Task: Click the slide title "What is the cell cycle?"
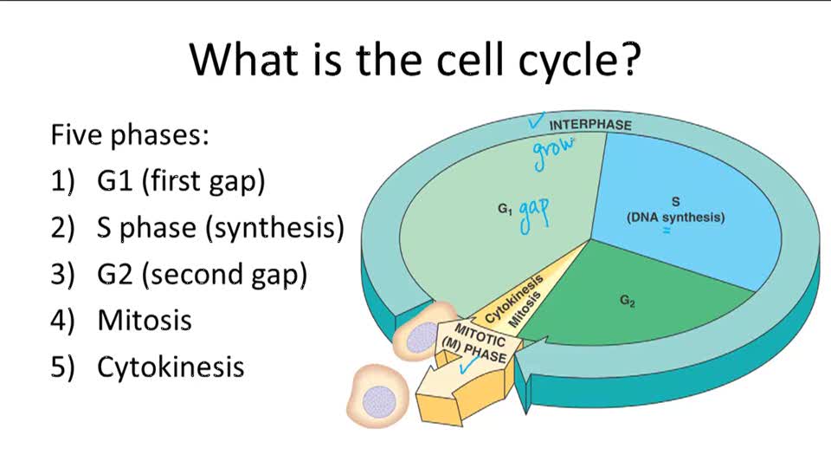pos(415,58)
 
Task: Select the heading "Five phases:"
pos(130,135)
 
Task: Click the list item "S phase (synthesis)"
pos(221,228)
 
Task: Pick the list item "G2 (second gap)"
pos(203,274)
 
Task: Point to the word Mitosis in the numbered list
pos(145,320)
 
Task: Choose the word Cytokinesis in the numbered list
pos(171,367)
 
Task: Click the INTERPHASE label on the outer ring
pos(590,125)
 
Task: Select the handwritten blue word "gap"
pos(535,215)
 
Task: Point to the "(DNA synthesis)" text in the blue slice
pos(675,218)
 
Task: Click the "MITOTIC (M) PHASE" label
pos(479,344)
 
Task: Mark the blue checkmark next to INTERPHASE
pos(537,122)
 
